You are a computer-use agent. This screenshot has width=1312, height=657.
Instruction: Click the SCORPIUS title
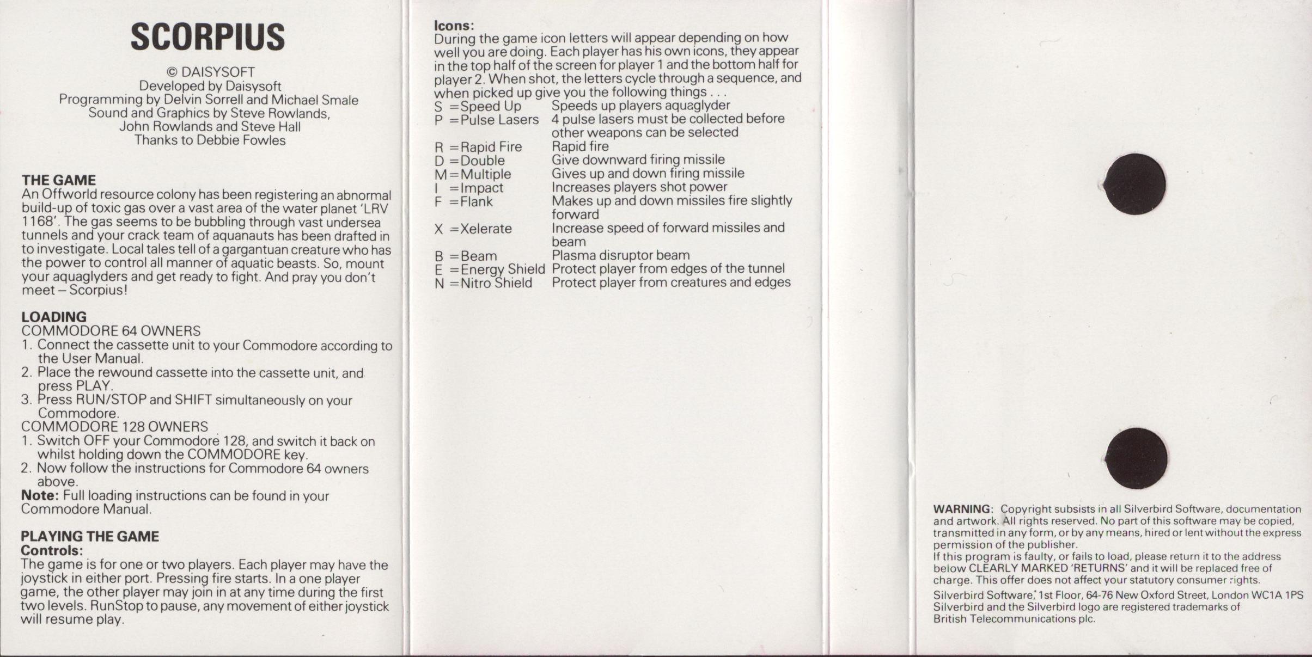(208, 37)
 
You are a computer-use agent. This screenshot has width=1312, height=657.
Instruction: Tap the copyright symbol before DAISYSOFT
(172, 72)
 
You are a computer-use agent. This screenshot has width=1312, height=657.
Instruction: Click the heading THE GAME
(59, 180)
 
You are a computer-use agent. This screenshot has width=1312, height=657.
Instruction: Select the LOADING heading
(54, 317)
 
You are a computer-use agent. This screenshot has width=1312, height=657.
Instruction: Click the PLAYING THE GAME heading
(90, 536)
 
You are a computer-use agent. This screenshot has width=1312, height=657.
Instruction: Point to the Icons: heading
(454, 26)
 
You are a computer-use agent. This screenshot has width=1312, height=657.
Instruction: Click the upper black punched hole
(1135, 184)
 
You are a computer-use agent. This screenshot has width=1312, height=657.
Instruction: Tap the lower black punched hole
(1136, 458)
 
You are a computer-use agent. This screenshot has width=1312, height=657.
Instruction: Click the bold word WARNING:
(963, 509)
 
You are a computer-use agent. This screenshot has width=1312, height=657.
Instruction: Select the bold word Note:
(39, 495)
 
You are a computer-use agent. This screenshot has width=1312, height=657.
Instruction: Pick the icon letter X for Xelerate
(439, 229)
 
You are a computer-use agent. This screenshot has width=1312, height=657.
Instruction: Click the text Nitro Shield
(496, 283)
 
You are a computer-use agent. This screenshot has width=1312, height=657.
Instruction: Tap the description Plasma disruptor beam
(620, 255)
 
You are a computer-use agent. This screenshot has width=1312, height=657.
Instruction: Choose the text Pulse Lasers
(499, 120)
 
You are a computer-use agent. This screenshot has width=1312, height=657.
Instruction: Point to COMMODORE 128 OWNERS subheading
(114, 427)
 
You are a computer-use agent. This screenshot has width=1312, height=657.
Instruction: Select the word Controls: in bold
(52, 550)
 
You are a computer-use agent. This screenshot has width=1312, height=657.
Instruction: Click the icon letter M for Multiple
(440, 175)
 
